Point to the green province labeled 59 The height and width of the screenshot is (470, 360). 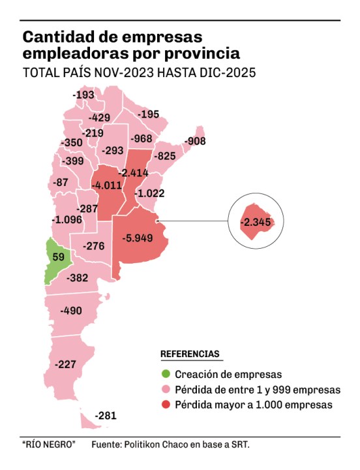point(58,257)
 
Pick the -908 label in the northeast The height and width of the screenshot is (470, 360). point(195,141)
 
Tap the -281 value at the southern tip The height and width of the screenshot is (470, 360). point(105,416)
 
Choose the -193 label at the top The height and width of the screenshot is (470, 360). point(84,95)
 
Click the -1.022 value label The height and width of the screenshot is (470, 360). point(149,193)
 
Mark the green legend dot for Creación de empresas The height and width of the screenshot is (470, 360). point(165,374)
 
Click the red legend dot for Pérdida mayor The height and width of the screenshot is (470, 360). point(165,405)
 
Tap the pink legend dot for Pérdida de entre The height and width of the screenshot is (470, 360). point(165,390)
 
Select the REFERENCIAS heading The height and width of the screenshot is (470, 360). point(190,354)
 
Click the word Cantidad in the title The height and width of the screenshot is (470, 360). point(57,35)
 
